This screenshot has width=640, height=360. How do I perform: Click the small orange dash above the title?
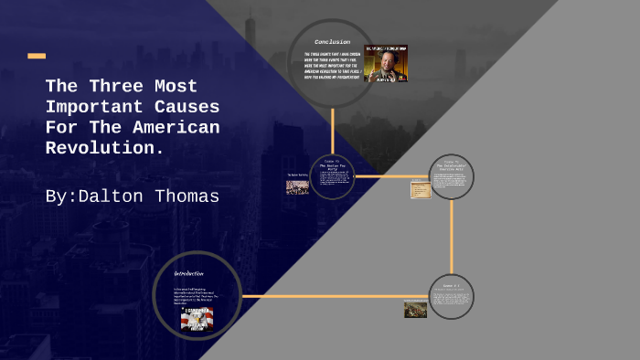point(37,56)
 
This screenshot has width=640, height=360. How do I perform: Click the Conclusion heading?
point(332,42)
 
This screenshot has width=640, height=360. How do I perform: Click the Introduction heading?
point(189,273)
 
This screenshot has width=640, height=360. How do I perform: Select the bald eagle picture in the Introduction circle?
point(200,321)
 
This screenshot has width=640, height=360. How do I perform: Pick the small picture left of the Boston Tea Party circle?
point(297,186)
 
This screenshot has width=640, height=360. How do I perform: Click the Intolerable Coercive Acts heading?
point(451,165)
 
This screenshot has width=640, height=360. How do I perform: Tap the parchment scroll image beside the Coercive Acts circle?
point(421,189)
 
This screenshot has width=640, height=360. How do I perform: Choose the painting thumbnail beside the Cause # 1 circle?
point(415,309)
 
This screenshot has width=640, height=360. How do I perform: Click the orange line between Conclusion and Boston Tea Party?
point(332,128)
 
